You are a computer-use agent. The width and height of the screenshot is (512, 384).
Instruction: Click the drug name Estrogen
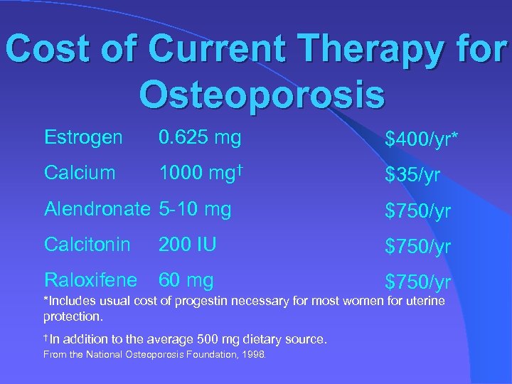click(x=83, y=137)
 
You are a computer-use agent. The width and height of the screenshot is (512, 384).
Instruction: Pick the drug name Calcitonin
click(x=87, y=245)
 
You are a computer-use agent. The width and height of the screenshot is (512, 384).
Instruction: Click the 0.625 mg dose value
click(x=200, y=137)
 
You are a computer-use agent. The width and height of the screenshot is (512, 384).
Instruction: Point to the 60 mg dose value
click(x=186, y=280)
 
